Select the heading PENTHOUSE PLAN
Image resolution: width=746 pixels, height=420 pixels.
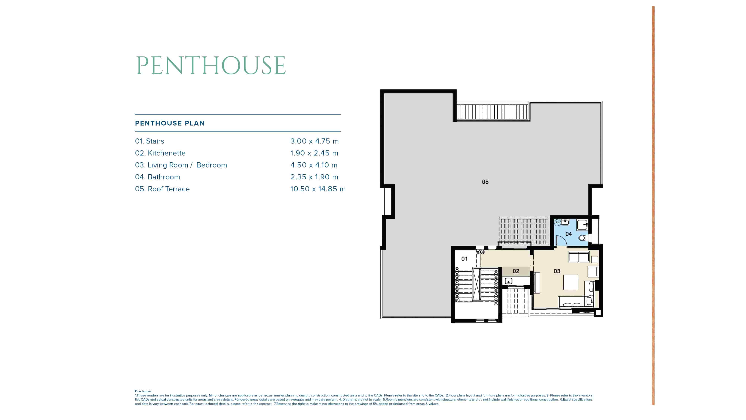170,123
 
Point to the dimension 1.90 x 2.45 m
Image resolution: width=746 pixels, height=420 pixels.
314,153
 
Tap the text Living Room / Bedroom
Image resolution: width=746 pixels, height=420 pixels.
187,165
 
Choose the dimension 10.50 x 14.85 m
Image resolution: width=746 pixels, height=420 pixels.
318,189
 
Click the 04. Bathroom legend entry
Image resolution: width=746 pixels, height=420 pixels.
158,177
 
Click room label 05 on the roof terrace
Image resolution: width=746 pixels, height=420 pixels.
485,182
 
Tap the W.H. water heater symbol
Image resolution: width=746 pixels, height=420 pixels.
557,222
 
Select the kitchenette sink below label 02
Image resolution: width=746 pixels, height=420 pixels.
509,281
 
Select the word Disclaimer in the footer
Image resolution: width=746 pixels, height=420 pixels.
143,391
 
